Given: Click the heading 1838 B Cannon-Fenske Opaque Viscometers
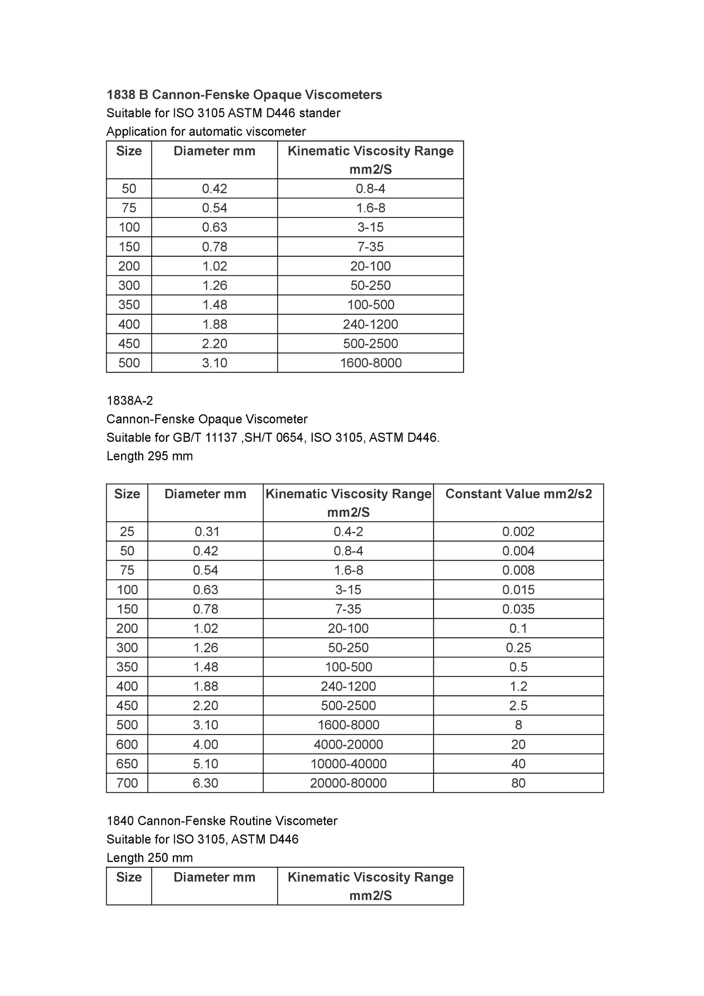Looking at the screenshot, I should (244, 95).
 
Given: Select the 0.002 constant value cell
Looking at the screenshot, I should (518, 531).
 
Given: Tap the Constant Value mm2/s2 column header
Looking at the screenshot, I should (518, 494).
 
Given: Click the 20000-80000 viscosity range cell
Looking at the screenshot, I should (348, 783).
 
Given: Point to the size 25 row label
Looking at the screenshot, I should (127, 531).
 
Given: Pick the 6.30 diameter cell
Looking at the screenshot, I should (206, 783).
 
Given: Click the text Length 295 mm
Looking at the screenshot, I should (150, 456).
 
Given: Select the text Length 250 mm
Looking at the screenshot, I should (150, 858).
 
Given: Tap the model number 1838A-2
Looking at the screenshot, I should (130, 400).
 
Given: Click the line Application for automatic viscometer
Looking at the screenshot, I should (206, 131).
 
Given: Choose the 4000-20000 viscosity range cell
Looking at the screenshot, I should (348, 745).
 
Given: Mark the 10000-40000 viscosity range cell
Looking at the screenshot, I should (348, 764).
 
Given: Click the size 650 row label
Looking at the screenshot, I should (127, 764).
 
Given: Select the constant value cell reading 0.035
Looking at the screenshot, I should (518, 609).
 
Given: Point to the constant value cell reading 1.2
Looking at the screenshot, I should (518, 686).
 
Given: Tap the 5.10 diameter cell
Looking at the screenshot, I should (206, 764).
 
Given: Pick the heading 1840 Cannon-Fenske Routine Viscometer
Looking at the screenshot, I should (221, 821).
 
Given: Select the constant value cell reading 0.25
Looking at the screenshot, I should (518, 648).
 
